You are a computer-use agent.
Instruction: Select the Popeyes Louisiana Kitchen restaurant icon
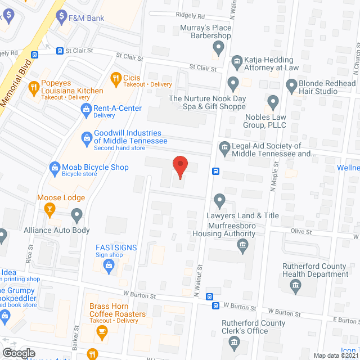click(34, 87)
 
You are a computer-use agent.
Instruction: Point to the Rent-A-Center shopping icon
click(85, 108)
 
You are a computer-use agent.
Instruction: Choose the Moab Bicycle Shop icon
click(55, 167)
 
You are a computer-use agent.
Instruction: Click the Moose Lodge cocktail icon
click(49, 209)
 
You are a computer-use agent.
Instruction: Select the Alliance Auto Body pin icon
click(76, 214)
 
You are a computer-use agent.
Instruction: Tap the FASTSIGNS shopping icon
click(109, 268)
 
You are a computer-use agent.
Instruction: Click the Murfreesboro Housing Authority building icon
click(242, 245)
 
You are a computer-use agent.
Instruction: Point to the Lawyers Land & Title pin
click(219, 200)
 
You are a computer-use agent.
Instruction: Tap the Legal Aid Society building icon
click(224, 148)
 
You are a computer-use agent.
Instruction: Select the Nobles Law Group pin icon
click(273, 102)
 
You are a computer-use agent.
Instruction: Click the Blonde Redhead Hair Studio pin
click(291, 85)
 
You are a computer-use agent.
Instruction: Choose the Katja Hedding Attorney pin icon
click(236, 60)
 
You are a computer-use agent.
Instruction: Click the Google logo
click(18, 353)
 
